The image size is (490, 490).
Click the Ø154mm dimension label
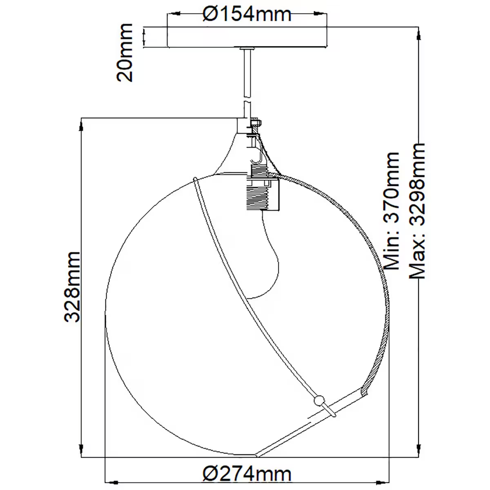pos(247,14)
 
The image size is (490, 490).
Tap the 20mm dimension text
pos(125,53)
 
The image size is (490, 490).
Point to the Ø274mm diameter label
pos(247,474)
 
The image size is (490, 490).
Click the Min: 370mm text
pos(391,211)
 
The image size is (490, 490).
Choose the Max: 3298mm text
pos(417,211)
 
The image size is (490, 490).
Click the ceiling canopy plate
pos(247,37)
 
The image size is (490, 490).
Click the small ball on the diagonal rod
pos(319,400)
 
